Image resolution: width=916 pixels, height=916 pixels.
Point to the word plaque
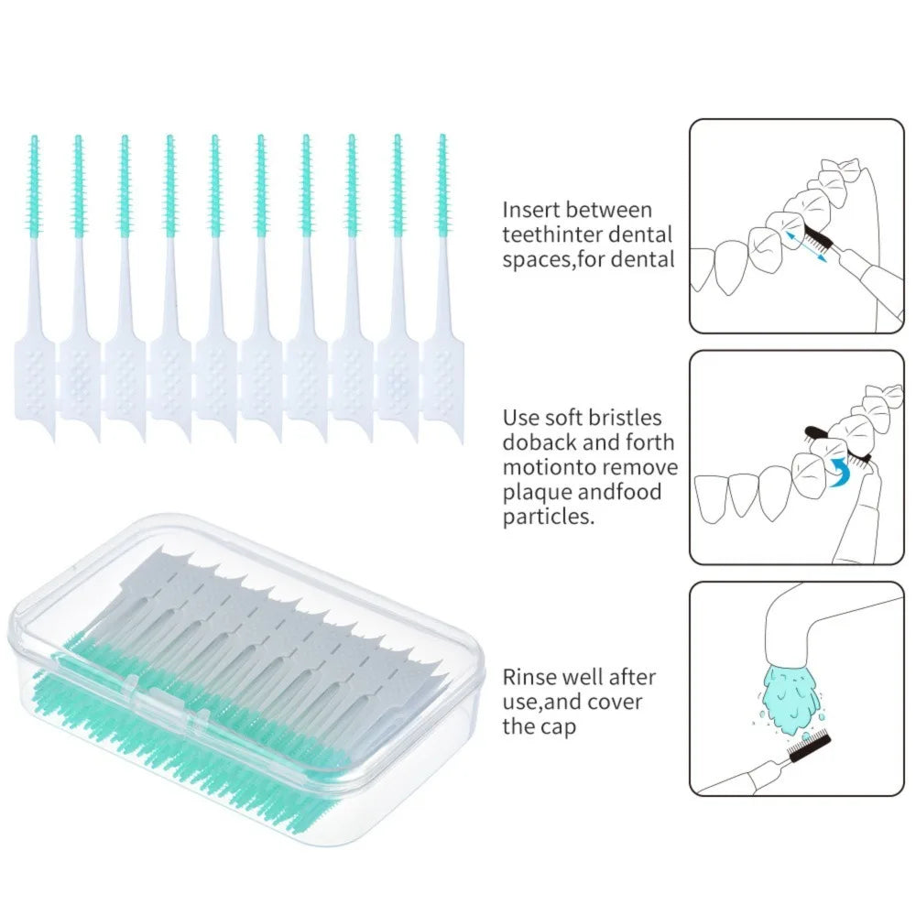point(532,492)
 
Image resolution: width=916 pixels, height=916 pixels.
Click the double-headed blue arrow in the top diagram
point(805,245)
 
